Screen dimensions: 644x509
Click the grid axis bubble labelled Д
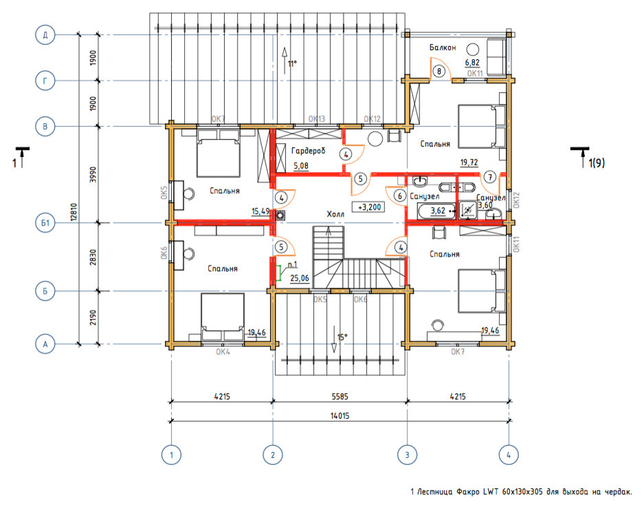[x=45, y=35]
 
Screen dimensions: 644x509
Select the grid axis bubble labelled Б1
[x=45, y=223]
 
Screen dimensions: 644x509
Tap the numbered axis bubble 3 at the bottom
[x=407, y=455]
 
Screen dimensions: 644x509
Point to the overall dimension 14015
[x=340, y=415]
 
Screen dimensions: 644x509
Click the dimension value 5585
[x=340, y=396]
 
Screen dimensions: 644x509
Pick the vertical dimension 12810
[x=74, y=212]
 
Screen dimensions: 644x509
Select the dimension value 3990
[x=93, y=174]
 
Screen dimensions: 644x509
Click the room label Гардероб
[x=308, y=151]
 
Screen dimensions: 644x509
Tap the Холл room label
[x=335, y=214]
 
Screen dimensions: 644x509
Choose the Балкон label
[x=443, y=47]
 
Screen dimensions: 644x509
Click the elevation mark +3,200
[x=369, y=207]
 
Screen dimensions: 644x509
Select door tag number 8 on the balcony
[x=439, y=71]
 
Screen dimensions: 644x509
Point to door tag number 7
[x=489, y=177]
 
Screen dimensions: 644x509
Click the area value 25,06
[x=300, y=279]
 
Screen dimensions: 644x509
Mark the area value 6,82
[x=472, y=63]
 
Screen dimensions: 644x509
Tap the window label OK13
[x=317, y=119]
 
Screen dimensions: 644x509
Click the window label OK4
[x=223, y=352]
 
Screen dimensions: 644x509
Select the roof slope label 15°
[x=342, y=337]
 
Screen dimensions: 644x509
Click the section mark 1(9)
[x=597, y=163]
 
